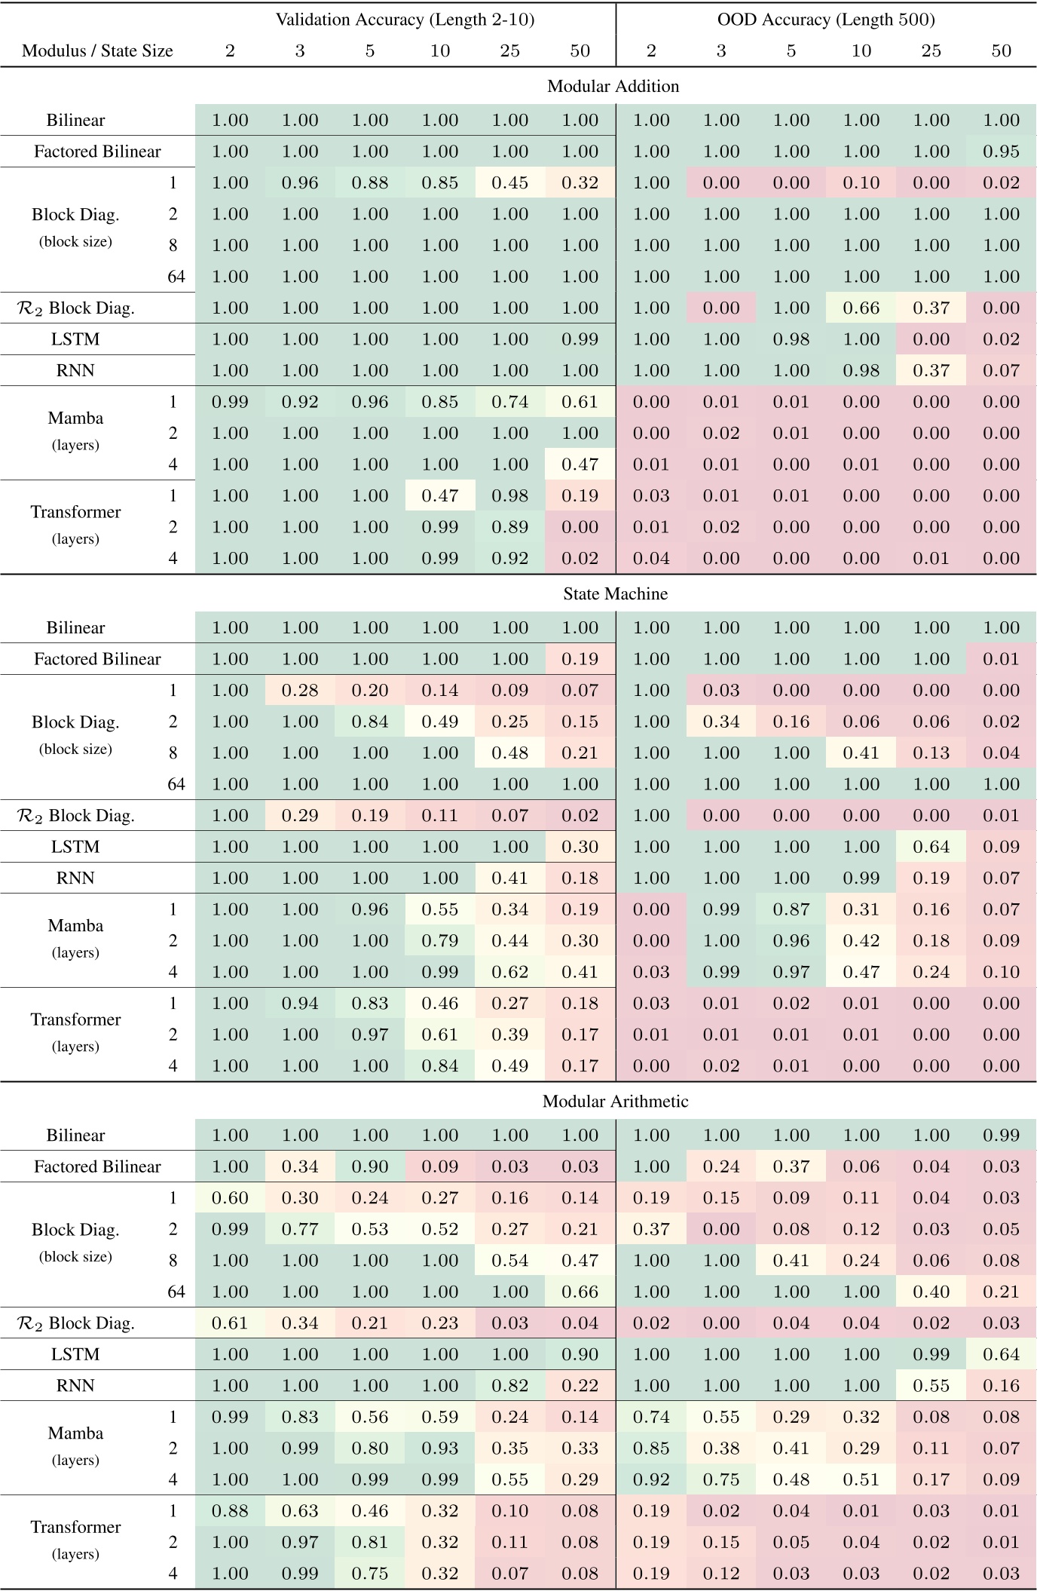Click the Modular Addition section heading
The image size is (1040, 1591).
point(613,86)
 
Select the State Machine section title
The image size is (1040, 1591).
point(615,593)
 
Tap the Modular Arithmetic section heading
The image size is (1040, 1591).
point(615,1101)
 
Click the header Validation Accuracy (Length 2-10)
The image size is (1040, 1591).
point(405,20)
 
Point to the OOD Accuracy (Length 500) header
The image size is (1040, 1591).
point(826,20)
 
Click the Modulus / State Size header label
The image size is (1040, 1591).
point(97,51)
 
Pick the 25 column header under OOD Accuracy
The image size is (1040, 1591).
point(931,51)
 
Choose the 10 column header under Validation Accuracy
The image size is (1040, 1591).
point(439,51)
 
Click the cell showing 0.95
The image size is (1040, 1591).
point(1001,152)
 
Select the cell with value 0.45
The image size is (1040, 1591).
point(509,182)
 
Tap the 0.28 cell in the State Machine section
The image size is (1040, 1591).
point(300,690)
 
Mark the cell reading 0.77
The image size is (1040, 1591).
point(300,1229)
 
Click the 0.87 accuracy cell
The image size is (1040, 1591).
point(791,909)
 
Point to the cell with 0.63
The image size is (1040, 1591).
point(300,1511)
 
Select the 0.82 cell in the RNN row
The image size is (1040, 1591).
point(509,1386)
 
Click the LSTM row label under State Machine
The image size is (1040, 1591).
point(75,847)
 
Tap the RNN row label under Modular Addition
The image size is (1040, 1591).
point(75,370)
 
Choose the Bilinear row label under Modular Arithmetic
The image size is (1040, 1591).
point(75,1136)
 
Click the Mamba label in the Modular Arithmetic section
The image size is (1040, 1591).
point(75,1433)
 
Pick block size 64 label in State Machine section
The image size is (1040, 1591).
point(176,784)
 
